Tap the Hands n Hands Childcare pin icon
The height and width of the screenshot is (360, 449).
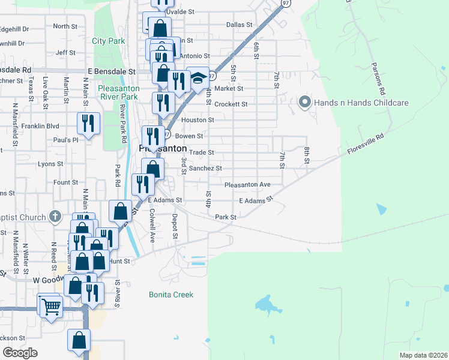[x=304, y=103]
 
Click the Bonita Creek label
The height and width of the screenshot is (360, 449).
[x=172, y=295]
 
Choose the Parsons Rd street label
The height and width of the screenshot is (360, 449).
[x=377, y=78]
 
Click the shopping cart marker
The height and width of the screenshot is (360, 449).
[x=51, y=306]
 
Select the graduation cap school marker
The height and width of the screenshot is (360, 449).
[x=197, y=77]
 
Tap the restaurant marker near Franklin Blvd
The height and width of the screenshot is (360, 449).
[x=89, y=124]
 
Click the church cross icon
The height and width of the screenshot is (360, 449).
[x=55, y=215]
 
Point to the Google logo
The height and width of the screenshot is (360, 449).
[x=20, y=353]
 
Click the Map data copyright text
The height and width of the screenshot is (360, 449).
[x=423, y=355]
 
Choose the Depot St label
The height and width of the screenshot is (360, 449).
[x=175, y=227]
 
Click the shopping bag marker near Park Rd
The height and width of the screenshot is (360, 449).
[x=120, y=211]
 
